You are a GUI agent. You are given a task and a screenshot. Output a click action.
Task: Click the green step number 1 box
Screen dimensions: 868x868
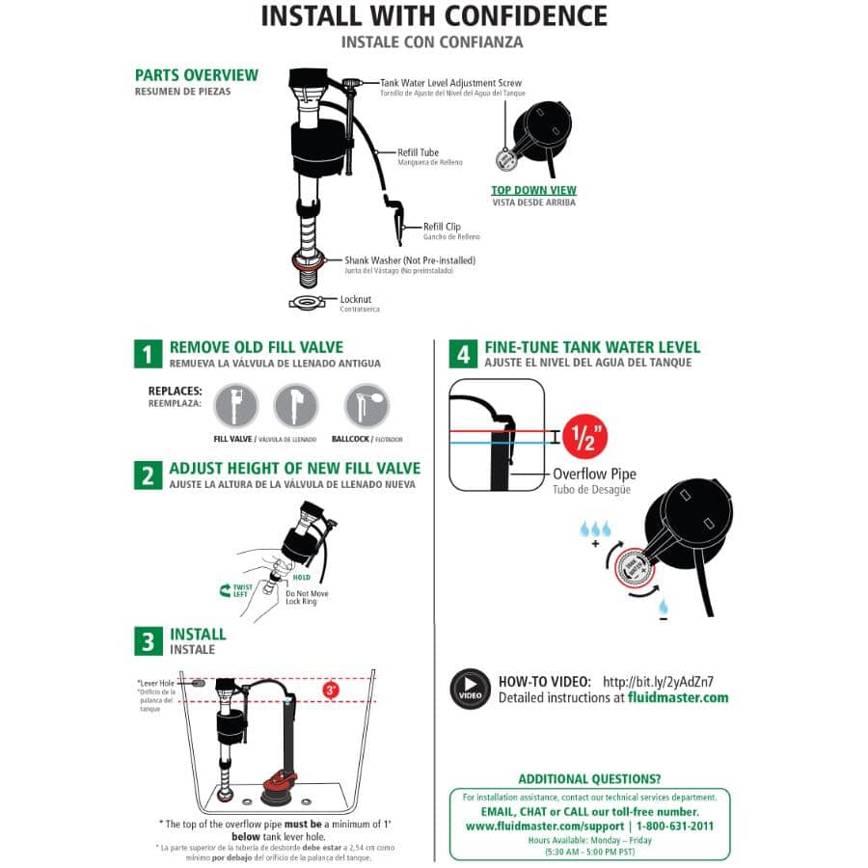pos(148,354)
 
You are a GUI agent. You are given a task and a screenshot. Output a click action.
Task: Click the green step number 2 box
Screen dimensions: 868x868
pos(148,475)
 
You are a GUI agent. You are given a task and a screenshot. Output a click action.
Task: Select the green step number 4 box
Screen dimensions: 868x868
pos(463,354)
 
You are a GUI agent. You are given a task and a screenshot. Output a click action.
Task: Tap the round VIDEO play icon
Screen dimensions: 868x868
pos(470,689)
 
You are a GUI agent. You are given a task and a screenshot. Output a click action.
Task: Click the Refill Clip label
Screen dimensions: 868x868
pos(442,227)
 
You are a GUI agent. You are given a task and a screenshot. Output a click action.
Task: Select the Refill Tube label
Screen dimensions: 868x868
pos(419,152)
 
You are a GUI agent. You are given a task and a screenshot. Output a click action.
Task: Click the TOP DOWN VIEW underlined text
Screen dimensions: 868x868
pos(533,190)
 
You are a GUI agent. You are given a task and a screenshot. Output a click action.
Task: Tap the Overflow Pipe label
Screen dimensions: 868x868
pos(594,475)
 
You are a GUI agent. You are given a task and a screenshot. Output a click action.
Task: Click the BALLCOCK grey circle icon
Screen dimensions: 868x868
pos(366,405)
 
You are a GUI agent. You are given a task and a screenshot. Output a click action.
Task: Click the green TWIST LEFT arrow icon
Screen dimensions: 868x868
pos(226,587)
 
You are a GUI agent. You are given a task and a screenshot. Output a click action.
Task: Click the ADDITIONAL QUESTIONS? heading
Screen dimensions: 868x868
pos(589,778)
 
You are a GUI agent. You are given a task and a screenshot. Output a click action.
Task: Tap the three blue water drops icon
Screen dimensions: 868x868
pos(595,529)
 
